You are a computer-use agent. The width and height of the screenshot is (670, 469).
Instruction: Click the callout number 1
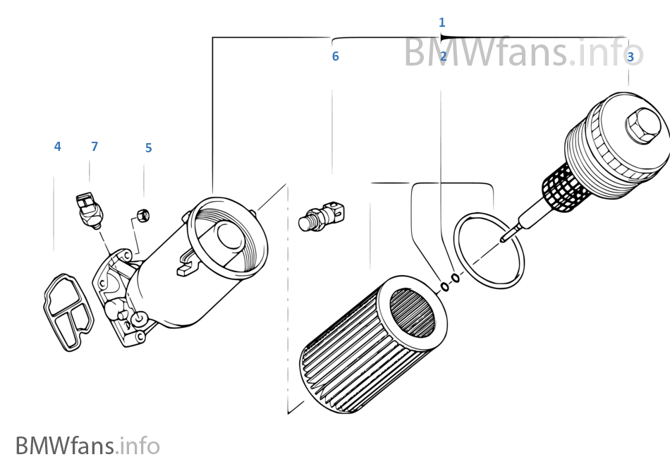(441, 23)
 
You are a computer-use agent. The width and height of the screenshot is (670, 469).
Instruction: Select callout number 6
(335, 56)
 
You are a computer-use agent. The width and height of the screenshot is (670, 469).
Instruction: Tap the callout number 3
(630, 56)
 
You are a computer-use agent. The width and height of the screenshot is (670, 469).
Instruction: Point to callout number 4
(57, 147)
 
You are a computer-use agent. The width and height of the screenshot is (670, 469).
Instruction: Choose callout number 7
(95, 147)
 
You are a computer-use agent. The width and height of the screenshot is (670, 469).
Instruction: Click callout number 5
(148, 148)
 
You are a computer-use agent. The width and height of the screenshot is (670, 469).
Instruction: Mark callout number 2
(443, 56)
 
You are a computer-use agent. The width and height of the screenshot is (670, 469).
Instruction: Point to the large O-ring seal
(489, 250)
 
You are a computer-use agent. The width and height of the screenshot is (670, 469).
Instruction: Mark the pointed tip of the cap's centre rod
(502, 239)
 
